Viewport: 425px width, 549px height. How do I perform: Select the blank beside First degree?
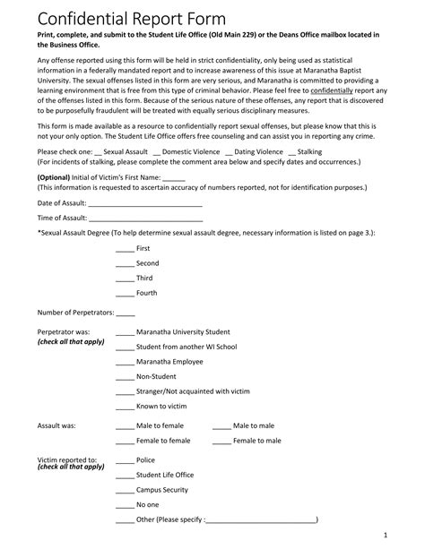(125, 247)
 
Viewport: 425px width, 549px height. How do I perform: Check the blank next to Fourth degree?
(125, 293)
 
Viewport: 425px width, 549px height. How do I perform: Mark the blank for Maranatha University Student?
(125, 331)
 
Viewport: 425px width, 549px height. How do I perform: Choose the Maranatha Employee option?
(169, 361)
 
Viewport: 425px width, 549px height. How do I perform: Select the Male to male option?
(254, 425)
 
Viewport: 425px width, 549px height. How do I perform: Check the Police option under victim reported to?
(145, 460)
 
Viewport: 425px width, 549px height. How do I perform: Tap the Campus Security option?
(161, 490)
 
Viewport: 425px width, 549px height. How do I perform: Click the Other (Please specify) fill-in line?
(262, 520)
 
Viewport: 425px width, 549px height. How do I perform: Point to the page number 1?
(385, 536)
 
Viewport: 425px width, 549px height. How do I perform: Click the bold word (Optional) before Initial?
(56, 176)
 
